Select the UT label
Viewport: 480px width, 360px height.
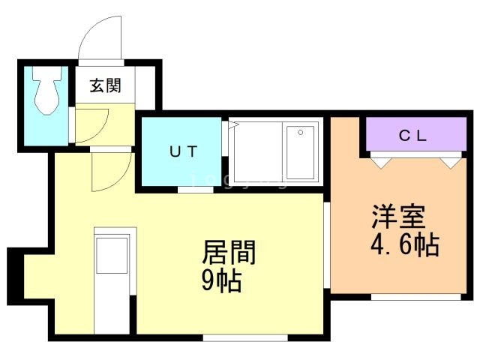pos(182,151)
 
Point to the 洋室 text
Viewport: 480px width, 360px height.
pos(398,217)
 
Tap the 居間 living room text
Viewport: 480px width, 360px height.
pos(229,253)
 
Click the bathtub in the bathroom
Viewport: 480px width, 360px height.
pos(300,152)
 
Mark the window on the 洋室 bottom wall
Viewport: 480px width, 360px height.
pos(416,297)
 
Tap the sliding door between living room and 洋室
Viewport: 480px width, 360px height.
pos(327,244)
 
